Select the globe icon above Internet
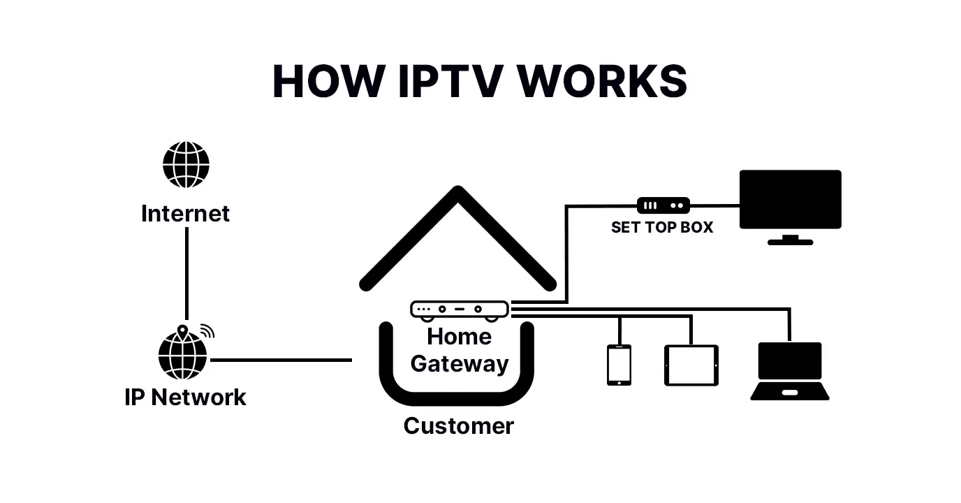tap(186, 165)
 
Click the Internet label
tap(185, 213)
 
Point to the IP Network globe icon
tap(183, 355)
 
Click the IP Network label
tap(185, 397)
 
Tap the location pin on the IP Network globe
tap(183, 330)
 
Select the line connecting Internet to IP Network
tap(186, 272)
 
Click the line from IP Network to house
tap(279, 360)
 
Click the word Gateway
tap(459, 363)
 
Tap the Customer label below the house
tap(458, 425)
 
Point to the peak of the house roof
tap(457, 191)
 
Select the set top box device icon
tap(663, 205)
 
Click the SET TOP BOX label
tap(661, 227)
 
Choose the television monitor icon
tap(790, 199)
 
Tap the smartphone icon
tap(619, 365)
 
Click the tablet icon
tap(691, 365)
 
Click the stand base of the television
tap(790, 242)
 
